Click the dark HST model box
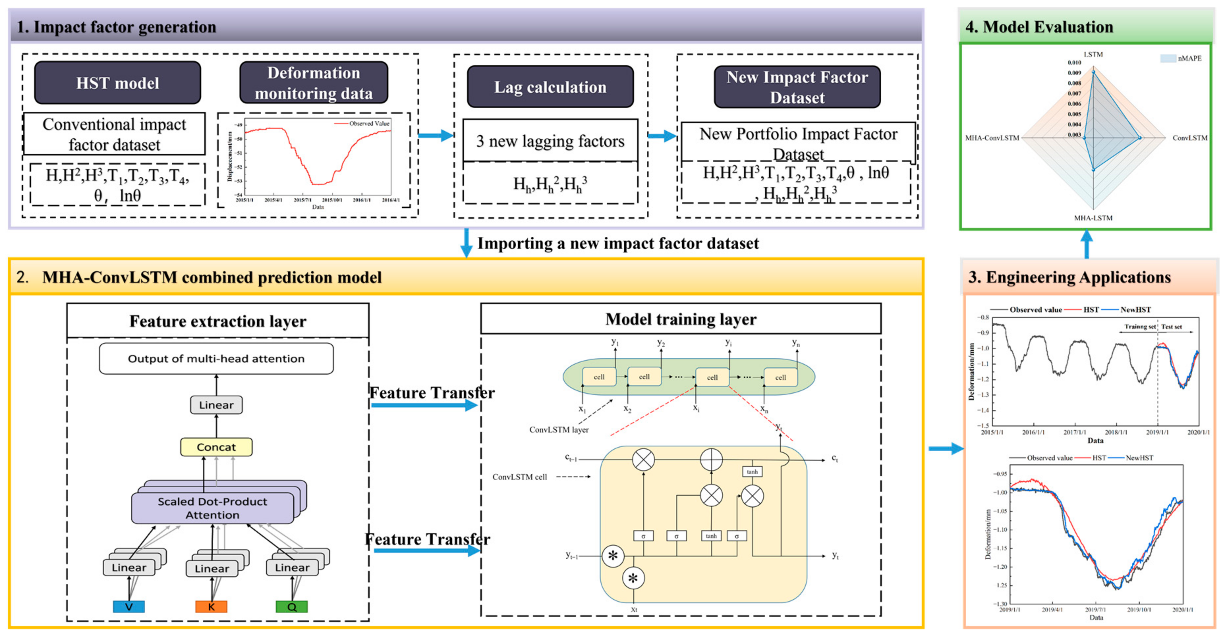(x=117, y=83)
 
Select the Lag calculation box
(x=550, y=87)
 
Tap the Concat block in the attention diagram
(x=216, y=447)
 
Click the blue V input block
(x=129, y=606)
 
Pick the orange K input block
(x=211, y=606)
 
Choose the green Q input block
(x=292, y=606)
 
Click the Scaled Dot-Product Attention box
(x=212, y=508)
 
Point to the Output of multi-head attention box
(x=216, y=358)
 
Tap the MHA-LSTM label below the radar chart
(x=1093, y=218)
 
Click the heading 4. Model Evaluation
(x=1039, y=27)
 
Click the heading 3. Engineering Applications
(x=1069, y=277)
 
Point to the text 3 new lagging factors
(x=550, y=141)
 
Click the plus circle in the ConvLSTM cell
(x=711, y=459)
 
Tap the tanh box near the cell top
(x=752, y=471)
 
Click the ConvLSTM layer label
(x=559, y=430)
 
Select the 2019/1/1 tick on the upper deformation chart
(x=1157, y=432)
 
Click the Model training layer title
(x=680, y=319)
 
